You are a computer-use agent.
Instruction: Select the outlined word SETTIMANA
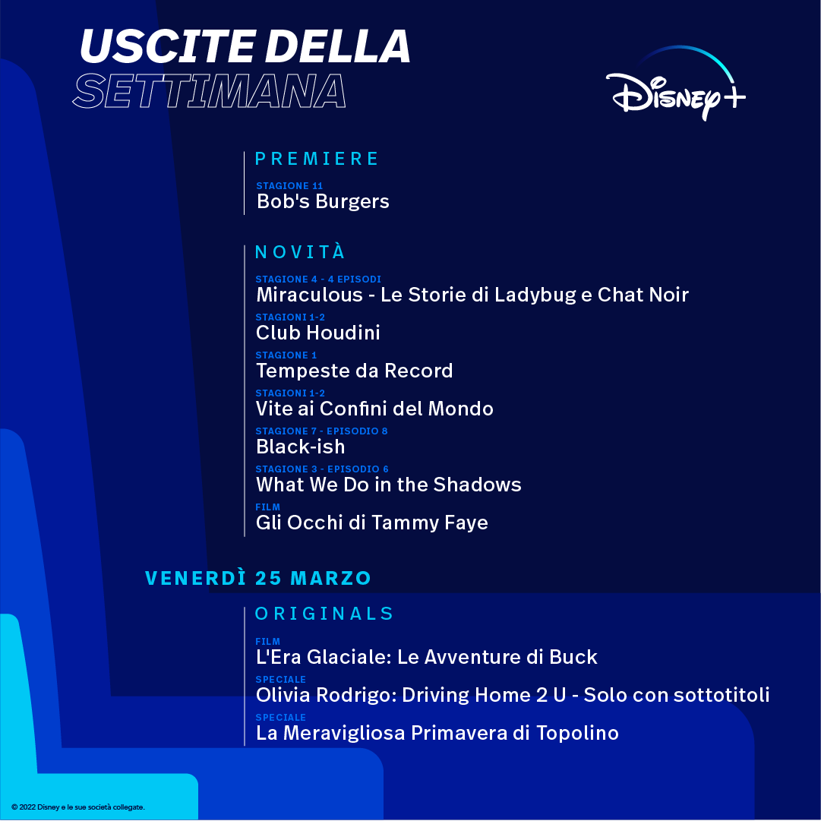[209, 91]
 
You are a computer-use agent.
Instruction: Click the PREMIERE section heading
[316, 159]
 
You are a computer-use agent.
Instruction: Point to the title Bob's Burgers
[323, 201]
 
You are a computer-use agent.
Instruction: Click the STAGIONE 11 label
[289, 186]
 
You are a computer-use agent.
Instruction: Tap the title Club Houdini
[317, 333]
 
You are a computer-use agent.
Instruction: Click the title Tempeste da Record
[355, 371]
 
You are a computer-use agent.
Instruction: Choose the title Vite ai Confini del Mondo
[374, 409]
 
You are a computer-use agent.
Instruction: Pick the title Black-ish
[301, 447]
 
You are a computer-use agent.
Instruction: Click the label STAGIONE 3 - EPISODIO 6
[322, 469]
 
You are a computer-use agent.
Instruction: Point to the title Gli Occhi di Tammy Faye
[371, 523]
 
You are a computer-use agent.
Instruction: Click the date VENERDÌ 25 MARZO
[257, 577]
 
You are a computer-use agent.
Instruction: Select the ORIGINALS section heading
[324, 614]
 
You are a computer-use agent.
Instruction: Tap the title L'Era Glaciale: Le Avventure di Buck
[426, 657]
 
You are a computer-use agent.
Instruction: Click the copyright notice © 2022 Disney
[78, 807]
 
